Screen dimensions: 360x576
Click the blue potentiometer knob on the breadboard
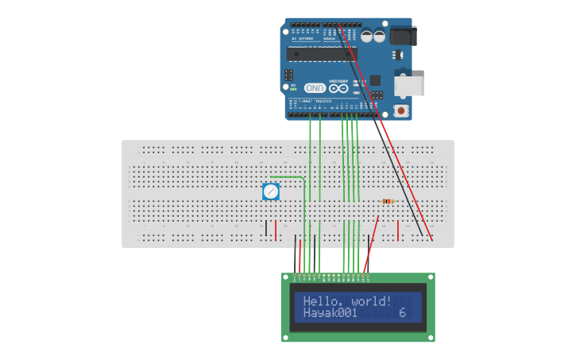[271, 192]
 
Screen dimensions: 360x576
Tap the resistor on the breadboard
[387, 201]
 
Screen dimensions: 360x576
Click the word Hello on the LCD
[319, 301]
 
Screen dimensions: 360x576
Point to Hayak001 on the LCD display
[331, 313]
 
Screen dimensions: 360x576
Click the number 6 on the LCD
[402, 313]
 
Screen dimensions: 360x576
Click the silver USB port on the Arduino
[409, 86]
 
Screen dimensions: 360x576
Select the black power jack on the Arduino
[403, 36]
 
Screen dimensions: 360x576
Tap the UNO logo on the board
[315, 88]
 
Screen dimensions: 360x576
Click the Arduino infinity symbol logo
[339, 87]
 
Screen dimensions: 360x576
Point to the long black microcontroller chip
[322, 54]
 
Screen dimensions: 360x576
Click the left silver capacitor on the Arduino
[366, 36]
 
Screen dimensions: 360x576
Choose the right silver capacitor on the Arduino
[379, 36]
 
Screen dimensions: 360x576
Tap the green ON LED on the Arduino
[293, 89]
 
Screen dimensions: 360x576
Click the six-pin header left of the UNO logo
[288, 75]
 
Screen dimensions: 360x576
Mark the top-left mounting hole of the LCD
[285, 277]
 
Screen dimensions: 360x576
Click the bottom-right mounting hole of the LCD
[431, 338]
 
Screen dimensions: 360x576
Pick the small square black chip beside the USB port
[375, 80]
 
